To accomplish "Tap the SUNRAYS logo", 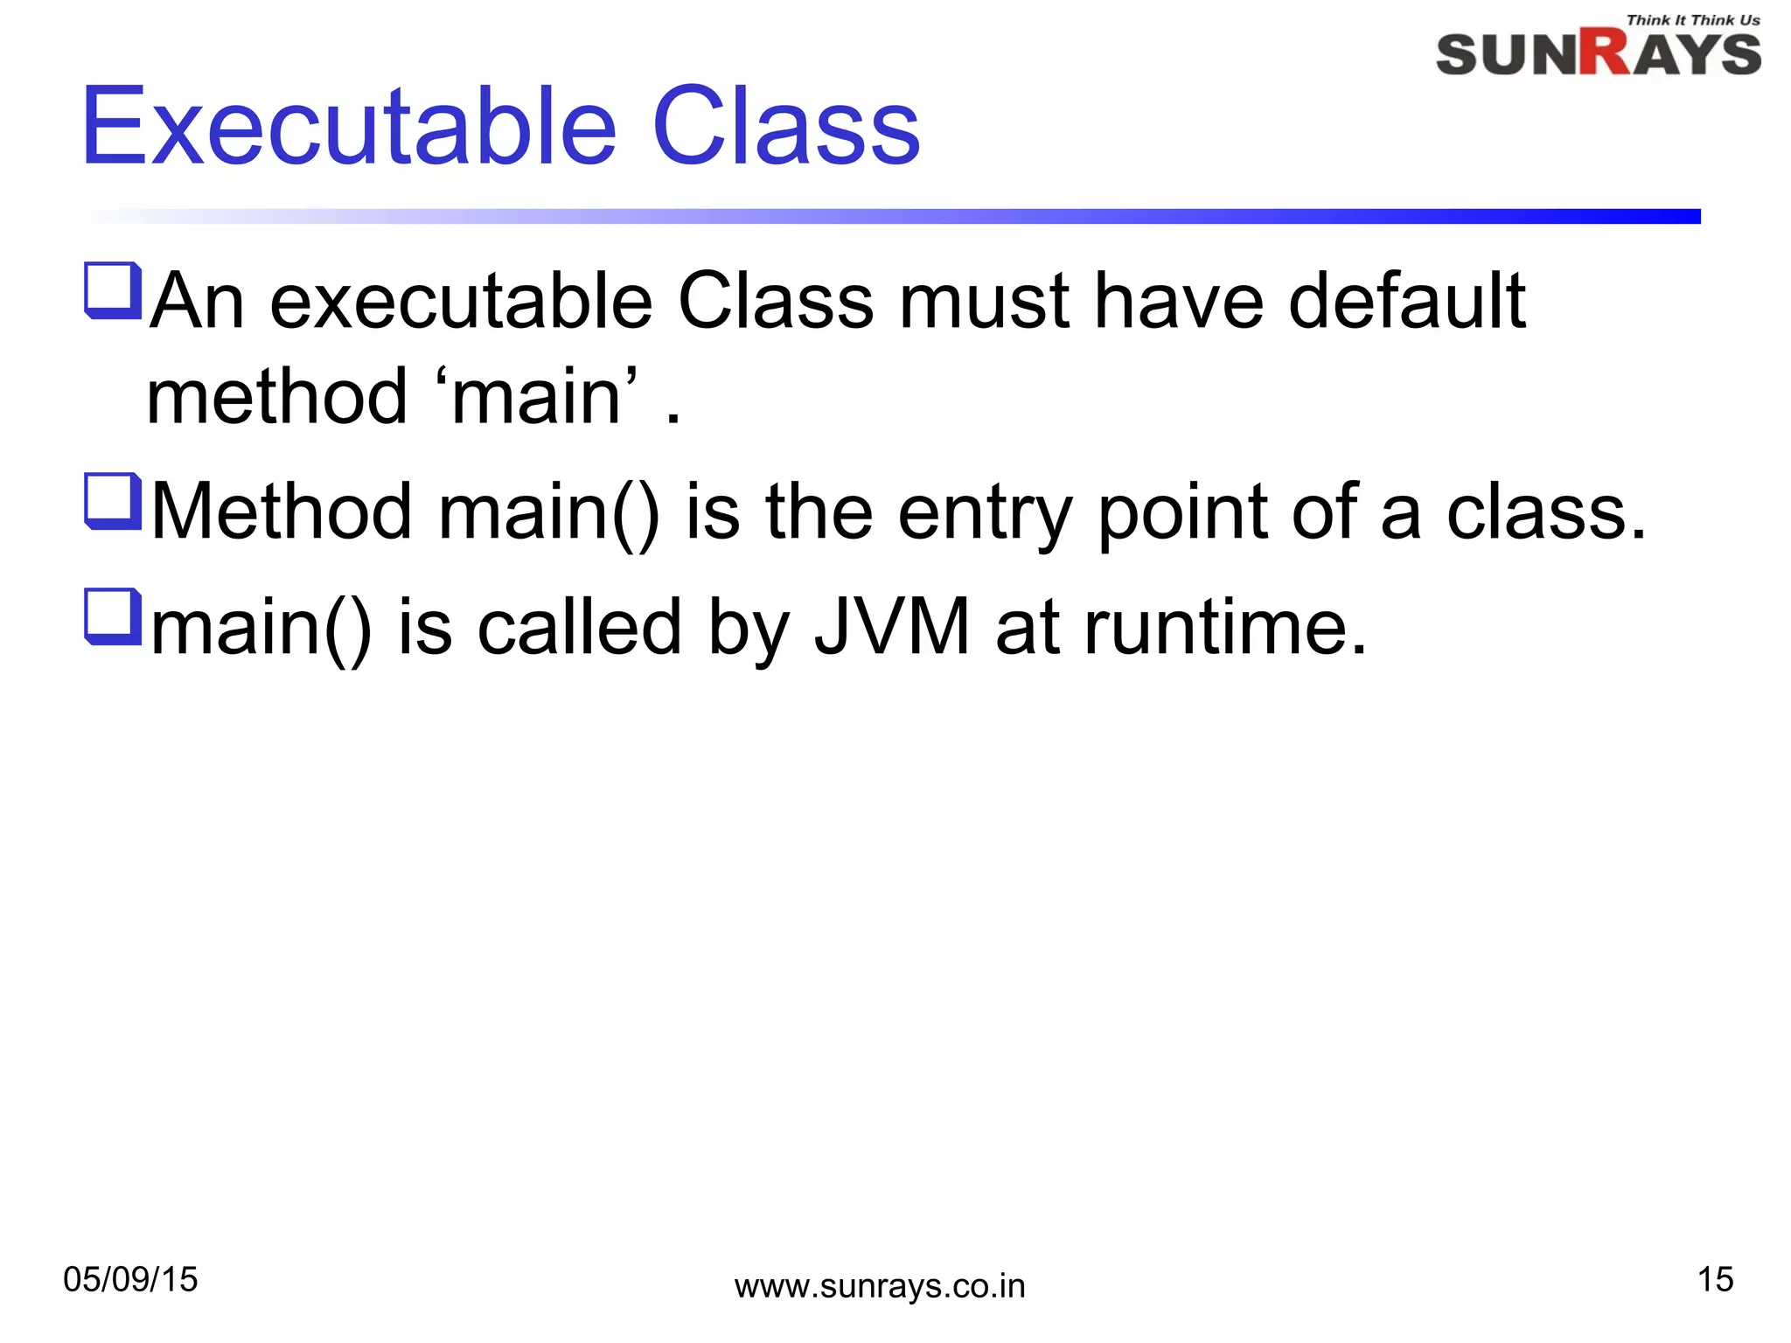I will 1598,54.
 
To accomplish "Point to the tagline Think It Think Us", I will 1692,20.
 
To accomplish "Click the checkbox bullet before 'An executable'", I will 113,290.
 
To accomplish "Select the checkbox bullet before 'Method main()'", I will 113,501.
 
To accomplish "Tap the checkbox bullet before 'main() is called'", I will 113,616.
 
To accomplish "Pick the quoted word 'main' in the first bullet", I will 537,398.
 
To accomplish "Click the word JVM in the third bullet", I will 892,627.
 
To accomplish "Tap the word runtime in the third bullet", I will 1224,627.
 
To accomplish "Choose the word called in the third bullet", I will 580,627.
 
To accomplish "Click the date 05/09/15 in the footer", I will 131,1280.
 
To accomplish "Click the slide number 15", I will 1715,1280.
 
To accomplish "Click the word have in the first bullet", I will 1179,302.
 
